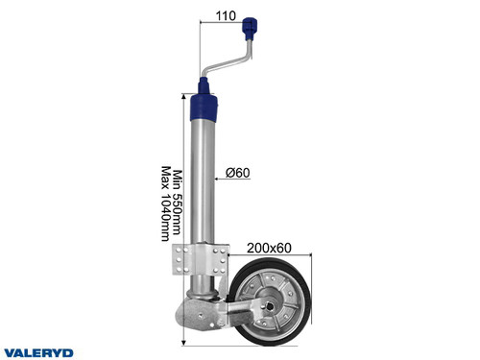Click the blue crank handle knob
[253, 23]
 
